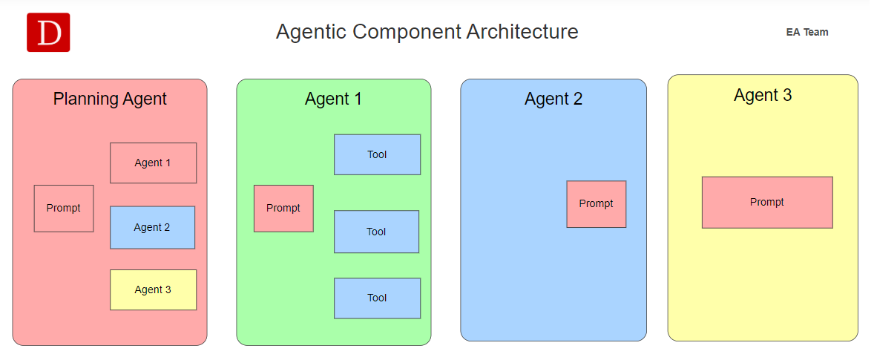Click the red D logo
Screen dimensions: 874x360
(48, 33)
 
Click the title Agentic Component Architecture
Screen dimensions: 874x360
(427, 32)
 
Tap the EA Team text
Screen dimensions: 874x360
(807, 33)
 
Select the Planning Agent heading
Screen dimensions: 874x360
(110, 99)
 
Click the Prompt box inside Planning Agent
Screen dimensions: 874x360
(64, 209)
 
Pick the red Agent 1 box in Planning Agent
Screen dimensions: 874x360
(154, 163)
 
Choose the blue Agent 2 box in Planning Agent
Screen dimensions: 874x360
(152, 227)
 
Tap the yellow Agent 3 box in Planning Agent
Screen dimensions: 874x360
(154, 289)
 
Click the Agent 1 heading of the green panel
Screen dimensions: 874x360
(333, 99)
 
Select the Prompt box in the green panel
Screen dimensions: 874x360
(283, 209)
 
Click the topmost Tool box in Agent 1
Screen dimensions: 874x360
(378, 154)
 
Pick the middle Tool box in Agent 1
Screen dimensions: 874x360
(376, 232)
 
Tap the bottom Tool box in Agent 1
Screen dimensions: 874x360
(378, 298)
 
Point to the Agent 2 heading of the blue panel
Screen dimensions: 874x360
(553, 99)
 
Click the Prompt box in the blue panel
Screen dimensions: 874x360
(597, 204)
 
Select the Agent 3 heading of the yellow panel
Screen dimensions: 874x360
(763, 95)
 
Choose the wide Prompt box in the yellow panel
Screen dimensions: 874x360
(767, 203)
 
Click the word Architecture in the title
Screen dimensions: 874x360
(522, 32)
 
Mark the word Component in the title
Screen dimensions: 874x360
(407, 33)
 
